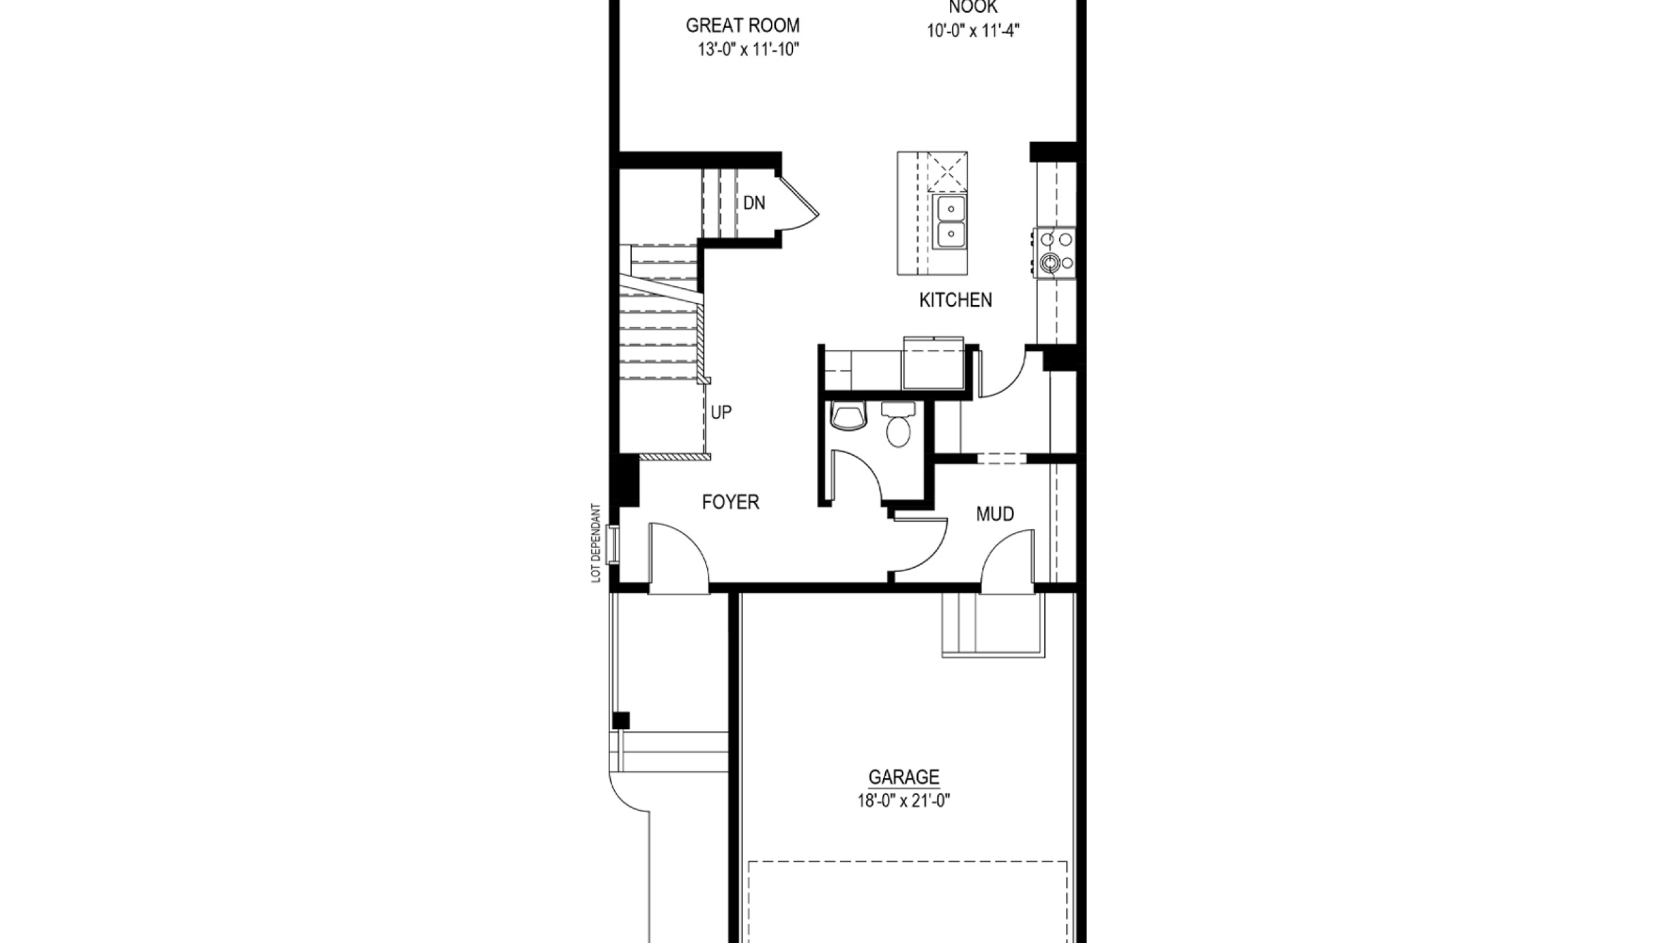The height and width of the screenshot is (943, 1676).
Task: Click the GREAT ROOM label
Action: tap(742, 26)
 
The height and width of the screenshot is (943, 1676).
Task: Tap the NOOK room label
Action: tap(973, 7)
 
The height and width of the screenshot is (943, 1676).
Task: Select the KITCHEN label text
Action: tap(955, 300)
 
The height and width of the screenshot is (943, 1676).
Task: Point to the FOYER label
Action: tap(731, 502)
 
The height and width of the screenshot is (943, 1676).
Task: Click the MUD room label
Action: tap(995, 514)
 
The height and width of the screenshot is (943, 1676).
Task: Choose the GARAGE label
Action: tap(903, 777)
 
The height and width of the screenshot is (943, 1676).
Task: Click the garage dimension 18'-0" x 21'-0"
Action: tap(903, 801)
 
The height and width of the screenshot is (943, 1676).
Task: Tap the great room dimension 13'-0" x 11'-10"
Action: tap(748, 50)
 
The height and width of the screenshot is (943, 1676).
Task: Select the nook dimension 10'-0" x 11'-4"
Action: tap(974, 31)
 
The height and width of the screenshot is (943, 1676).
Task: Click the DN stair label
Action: tap(754, 203)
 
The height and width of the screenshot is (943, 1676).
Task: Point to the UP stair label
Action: tap(721, 413)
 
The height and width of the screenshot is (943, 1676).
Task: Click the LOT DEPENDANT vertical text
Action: tap(596, 543)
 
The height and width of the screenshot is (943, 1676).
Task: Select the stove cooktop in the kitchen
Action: tap(1055, 253)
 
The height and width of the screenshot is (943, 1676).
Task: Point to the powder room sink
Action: tap(848, 416)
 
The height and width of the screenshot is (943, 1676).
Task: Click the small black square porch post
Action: tap(621, 720)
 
